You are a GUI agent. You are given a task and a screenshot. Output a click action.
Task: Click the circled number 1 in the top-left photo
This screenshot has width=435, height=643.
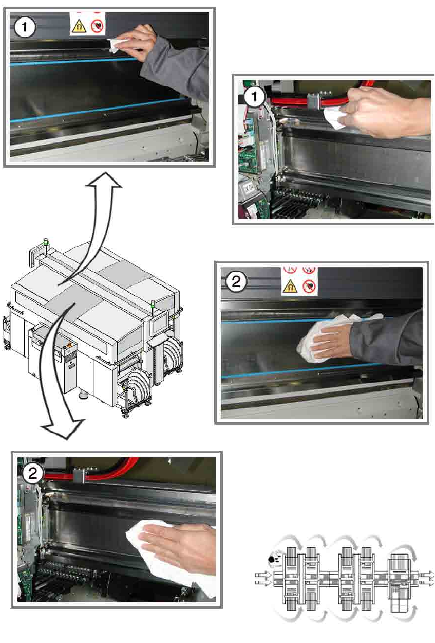[25, 28]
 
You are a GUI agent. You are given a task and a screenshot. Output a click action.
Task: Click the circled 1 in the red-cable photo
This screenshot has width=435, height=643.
[254, 97]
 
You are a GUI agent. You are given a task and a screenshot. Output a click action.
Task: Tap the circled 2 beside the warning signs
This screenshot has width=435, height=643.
[236, 281]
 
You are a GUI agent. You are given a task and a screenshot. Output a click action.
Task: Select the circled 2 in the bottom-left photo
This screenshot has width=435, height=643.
[33, 473]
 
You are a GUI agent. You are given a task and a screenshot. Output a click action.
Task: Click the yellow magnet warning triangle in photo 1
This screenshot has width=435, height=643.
[79, 27]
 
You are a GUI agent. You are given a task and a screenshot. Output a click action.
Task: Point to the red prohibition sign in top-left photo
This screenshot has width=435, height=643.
[97, 26]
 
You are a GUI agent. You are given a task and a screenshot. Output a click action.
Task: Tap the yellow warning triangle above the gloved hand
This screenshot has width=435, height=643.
[290, 287]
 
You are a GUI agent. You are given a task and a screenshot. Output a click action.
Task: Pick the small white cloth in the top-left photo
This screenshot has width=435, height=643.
[115, 46]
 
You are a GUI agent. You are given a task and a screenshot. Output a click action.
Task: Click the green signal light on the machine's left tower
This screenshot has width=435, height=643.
[46, 242]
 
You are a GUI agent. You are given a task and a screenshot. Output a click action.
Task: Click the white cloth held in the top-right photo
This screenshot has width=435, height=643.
[333, 118]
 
